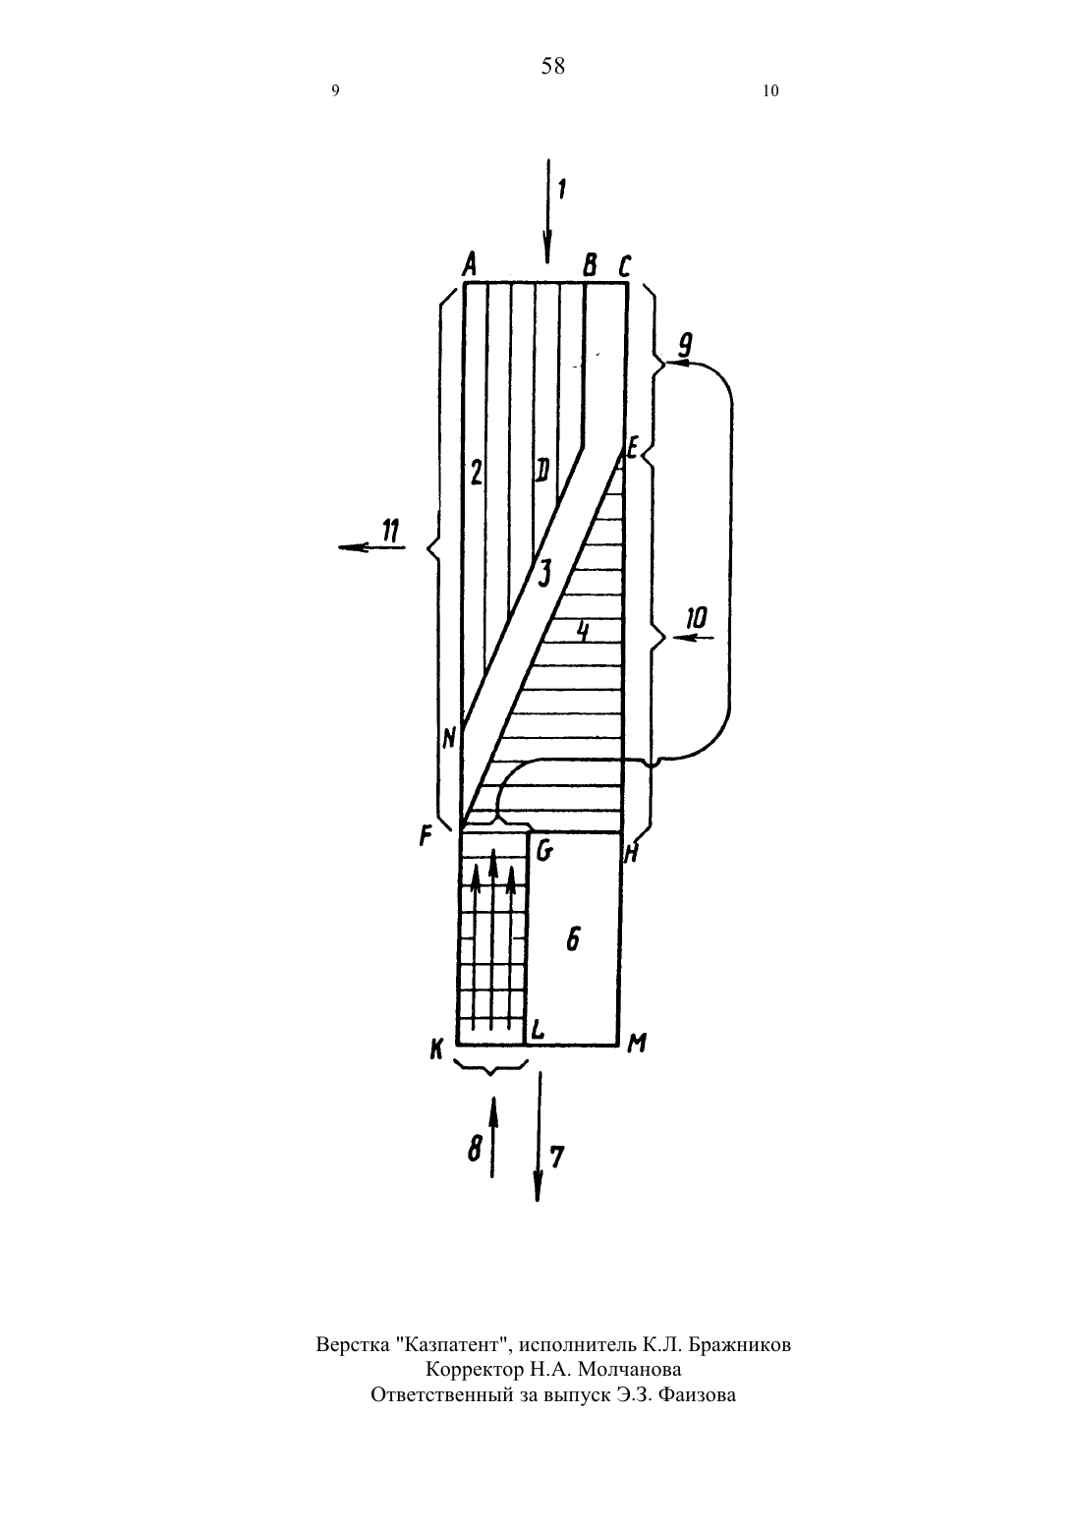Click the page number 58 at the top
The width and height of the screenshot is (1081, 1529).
point(552,66)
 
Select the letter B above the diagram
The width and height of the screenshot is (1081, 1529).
point(591,265)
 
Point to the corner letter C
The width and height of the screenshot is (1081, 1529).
point(624,265)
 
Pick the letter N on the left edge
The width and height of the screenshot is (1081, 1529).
point(449,737)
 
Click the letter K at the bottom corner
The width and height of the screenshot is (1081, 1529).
point(436,1048)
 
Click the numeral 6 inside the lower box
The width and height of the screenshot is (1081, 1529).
point(573,940)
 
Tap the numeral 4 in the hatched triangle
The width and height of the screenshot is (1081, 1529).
point(582,631)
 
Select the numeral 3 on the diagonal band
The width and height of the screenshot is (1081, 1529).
point(543,573)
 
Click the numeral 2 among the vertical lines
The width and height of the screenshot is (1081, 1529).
point(476,473)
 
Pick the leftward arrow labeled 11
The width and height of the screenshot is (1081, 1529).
point(371,546)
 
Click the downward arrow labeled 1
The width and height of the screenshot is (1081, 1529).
point(546,211)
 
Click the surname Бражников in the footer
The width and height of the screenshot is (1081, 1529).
point(740,1344)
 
